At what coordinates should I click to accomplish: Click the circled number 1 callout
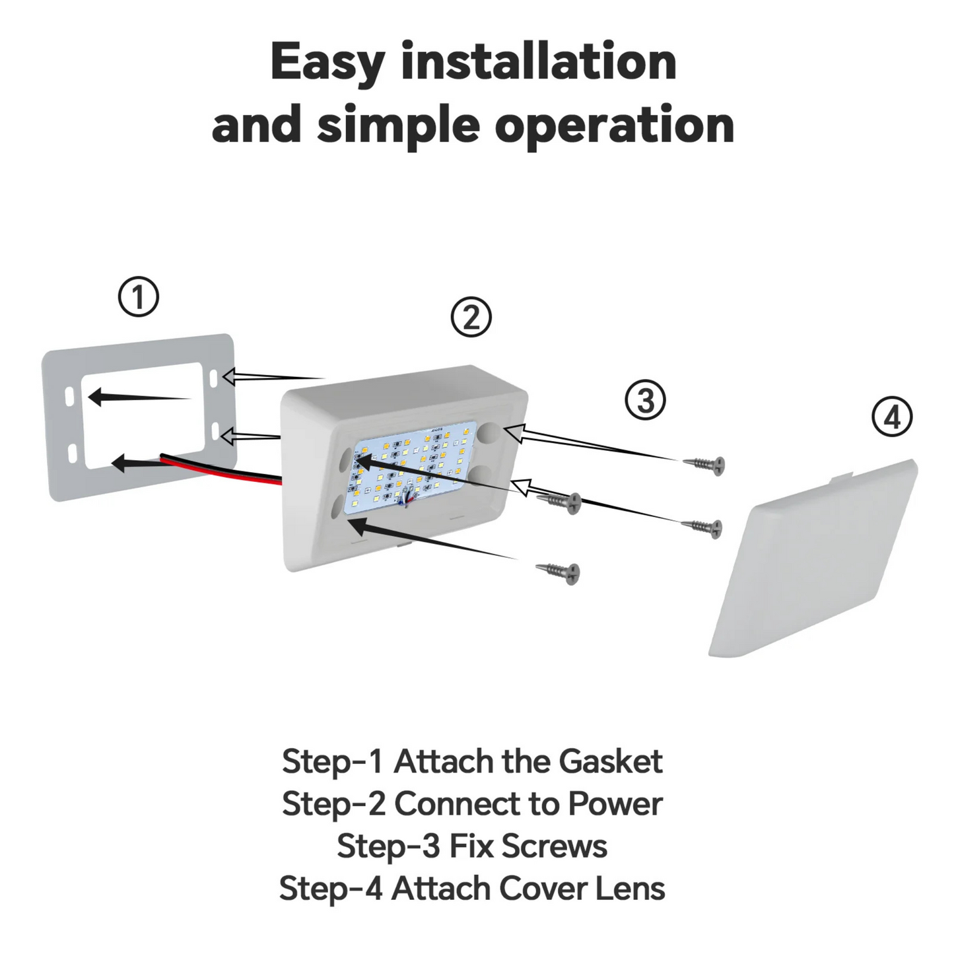click(x=139, y=297)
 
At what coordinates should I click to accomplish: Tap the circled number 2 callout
click(x=471, y=318)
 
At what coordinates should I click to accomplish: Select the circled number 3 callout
click(x=645, y=400)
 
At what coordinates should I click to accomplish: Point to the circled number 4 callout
click(x=892, y=417)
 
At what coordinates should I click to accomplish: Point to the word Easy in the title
click(x=327, y=63)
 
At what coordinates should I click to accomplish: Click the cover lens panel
click(x=812, y=561)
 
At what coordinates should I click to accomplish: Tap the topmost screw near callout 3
click(x=705, y=463)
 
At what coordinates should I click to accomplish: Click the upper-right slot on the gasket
click(x=214, y=378)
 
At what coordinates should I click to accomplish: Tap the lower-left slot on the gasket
click(x=73, y=454)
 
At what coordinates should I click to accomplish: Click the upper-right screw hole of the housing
click(x=491, y=434)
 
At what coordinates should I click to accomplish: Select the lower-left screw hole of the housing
click(x=338, y=506)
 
